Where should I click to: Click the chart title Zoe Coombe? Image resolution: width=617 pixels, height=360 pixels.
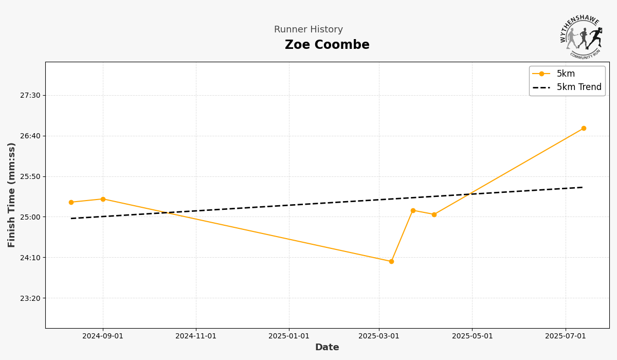tap(327, 45)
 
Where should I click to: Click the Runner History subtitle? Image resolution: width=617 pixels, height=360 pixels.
tap(308, 30)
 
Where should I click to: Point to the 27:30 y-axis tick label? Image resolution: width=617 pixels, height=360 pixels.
tap(30, 95)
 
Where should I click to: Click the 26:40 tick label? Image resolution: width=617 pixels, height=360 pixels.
tap(30, 136)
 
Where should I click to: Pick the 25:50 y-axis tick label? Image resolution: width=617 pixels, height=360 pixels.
tap(30, 176)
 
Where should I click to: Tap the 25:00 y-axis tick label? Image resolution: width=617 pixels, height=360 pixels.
tap(30, 217)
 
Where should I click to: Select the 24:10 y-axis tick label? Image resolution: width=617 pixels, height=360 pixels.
tap(30, 258)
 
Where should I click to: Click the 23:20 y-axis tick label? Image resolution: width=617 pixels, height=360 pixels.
tap(30, 298)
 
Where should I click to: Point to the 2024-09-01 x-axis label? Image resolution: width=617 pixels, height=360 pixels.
tap(103, 336)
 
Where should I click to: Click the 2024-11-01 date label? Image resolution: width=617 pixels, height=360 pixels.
tap(196, 336)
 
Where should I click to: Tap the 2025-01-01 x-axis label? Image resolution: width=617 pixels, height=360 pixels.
tap(289, 336)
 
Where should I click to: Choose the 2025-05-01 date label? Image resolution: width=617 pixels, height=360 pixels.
tap(472, 336)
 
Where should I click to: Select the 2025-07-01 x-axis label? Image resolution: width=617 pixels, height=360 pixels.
tap(566, 336)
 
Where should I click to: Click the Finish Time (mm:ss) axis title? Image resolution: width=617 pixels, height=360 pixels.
tap(11, 195)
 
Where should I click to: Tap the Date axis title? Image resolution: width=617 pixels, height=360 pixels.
tap(327, 348)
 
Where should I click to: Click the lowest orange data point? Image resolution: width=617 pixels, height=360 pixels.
tap(391, 261)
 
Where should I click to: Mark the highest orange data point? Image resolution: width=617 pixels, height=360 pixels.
tap(584, 129)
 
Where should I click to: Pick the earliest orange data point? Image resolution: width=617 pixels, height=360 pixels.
tap(71, 202)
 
